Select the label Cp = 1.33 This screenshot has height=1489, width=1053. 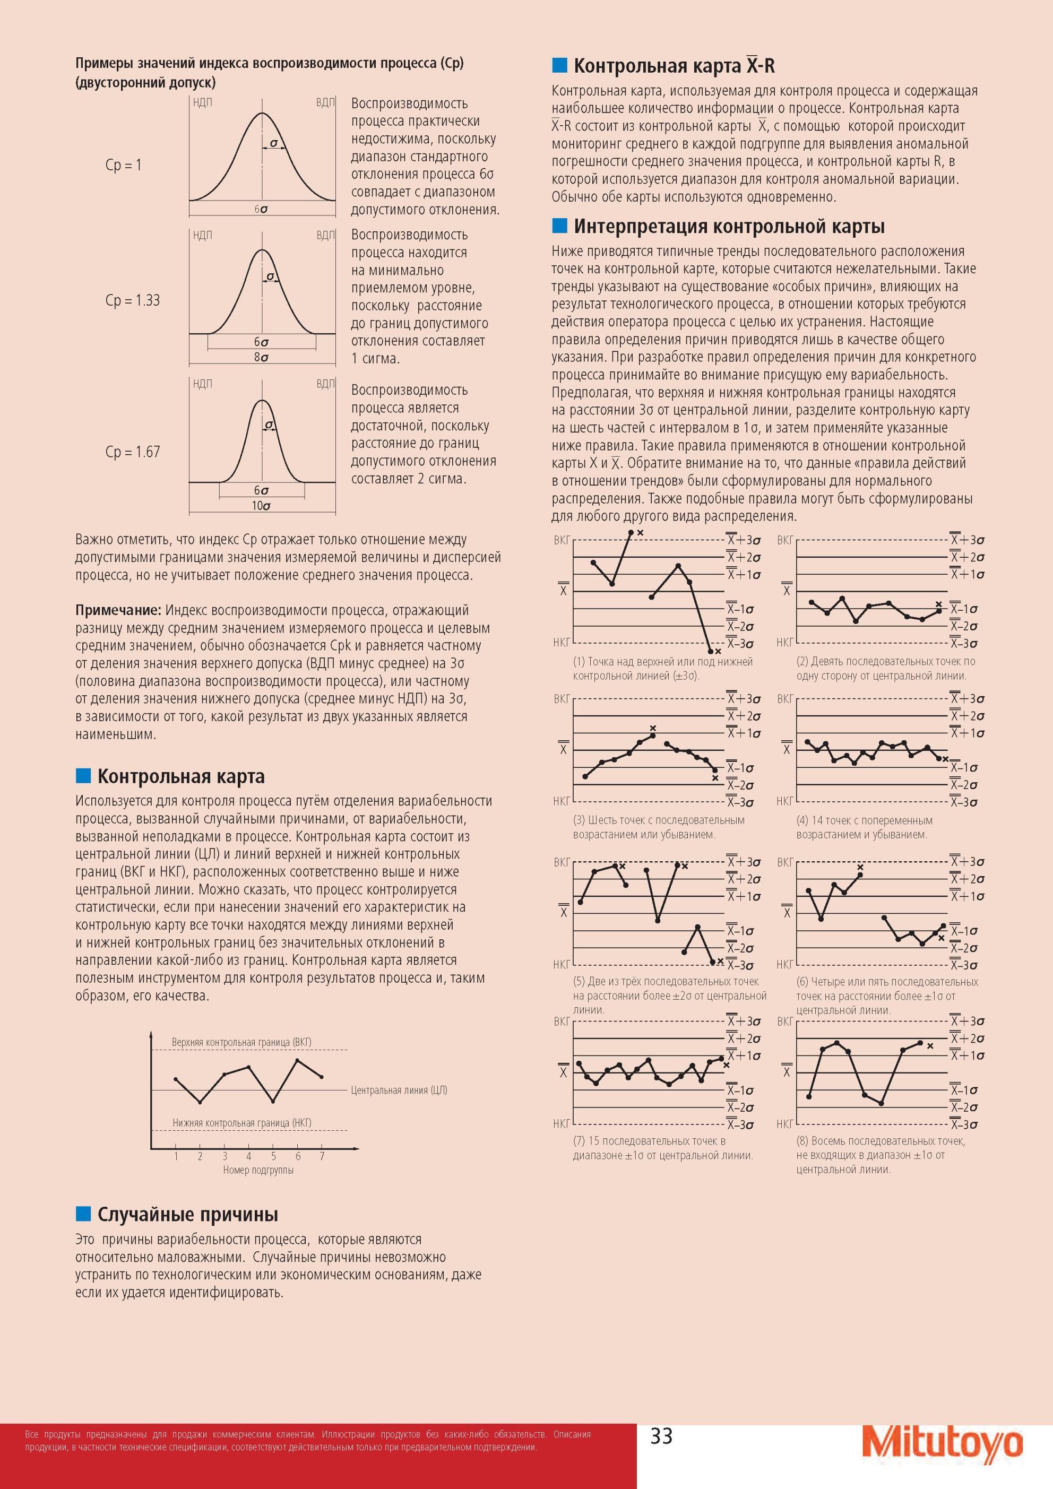coord(132,300)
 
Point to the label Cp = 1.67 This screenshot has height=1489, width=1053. coord(132,452)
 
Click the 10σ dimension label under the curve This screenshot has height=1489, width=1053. coord(262,506)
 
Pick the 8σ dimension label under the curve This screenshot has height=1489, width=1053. coord(262,357)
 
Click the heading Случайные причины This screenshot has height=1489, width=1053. coord(187,1214)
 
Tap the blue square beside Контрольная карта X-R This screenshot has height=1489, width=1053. coord(559,65)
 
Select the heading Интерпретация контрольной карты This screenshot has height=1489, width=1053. coord(729,227)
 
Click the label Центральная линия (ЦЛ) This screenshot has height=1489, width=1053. coord(399,1090)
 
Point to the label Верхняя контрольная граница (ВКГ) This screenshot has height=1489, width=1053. coord(241,1042)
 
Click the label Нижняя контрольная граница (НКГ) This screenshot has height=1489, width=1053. coord(241,1122)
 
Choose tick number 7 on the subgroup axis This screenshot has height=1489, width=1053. coord(322,1156)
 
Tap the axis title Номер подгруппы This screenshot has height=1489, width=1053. coord(258,1170)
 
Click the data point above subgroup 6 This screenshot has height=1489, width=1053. coord(297,1060)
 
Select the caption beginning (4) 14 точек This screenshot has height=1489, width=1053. coord(865,827)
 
